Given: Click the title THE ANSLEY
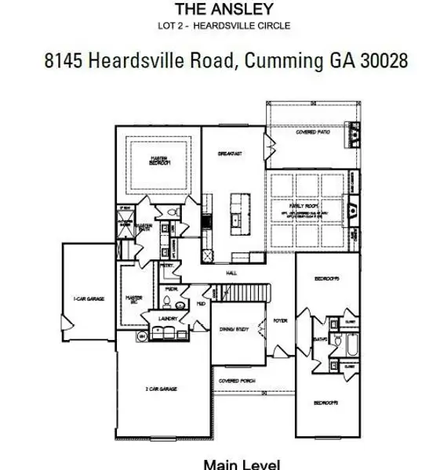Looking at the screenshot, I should (224, 10).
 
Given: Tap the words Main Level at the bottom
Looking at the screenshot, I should (242, 464).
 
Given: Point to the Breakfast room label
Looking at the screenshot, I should (231, 154).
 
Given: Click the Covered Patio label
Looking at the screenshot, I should (311, 133).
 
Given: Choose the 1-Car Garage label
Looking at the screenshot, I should (89, 298).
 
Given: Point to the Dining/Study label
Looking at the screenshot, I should (238, 331).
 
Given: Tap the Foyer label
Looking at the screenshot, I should (280, 321).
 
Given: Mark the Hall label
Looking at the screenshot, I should (232, 273).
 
